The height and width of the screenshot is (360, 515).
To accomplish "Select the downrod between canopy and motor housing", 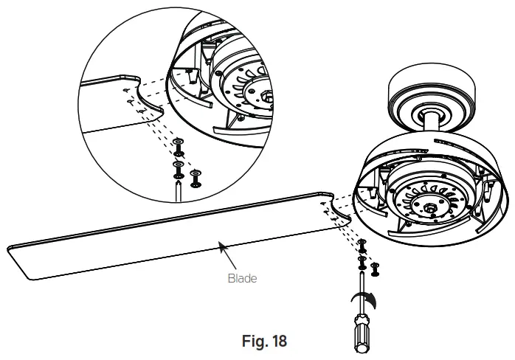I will point(436,123).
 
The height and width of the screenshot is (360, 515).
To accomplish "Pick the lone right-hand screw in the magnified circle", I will point(196,177).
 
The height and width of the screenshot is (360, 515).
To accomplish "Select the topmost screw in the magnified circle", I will point(178,143).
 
